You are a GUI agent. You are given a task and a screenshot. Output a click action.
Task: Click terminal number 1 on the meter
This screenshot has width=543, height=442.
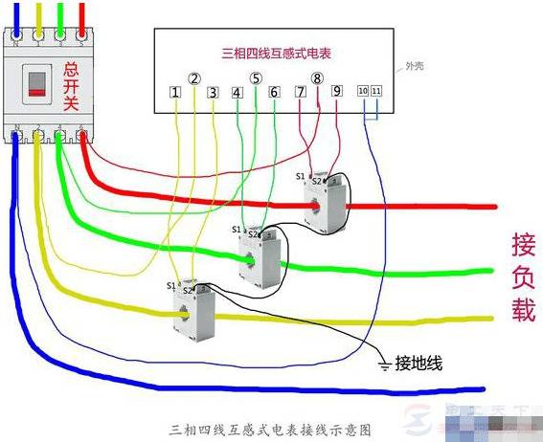coord(175,93)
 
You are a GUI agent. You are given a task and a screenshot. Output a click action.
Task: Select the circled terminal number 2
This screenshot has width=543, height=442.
coord(194,79)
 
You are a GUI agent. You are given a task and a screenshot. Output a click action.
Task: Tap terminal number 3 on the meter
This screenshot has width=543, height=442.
coord(213,93)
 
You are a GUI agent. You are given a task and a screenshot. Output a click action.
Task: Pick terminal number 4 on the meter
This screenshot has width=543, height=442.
coord(237,93)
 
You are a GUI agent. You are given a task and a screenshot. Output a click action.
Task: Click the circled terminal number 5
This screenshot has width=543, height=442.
coord(256,79)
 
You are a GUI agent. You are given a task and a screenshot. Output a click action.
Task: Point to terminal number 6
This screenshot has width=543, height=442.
coord(274,93)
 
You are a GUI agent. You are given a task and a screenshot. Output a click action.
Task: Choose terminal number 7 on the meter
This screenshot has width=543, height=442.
coord(300,92)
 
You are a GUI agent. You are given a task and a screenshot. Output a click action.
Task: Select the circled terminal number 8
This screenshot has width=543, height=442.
coord(318,78)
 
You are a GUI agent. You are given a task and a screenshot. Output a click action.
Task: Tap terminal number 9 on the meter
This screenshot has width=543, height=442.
coord(336,92)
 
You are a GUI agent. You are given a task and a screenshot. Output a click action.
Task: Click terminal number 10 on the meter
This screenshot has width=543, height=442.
coord(363,91)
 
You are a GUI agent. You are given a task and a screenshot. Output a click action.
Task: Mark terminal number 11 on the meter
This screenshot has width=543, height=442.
coord(375,91)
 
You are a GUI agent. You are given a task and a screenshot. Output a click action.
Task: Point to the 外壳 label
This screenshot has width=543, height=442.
coord(414,66)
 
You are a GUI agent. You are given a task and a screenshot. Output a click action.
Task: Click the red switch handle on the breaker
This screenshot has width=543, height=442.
coord(37,85)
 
